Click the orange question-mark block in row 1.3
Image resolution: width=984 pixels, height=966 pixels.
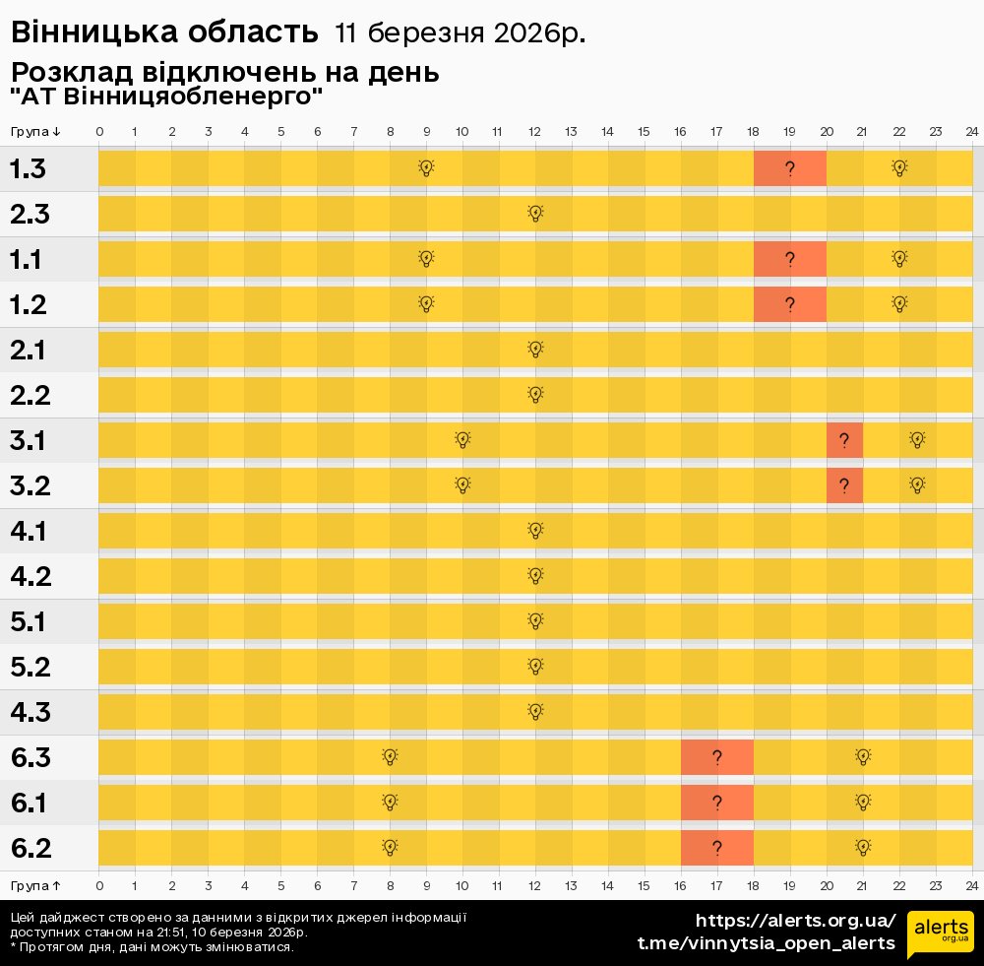(x=789, y=168)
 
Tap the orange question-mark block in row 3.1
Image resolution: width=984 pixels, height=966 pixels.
(x=844, y=440)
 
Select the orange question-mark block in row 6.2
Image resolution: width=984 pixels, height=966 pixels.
(x=716, y=848)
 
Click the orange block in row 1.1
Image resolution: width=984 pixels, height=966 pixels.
(x=789, y=259)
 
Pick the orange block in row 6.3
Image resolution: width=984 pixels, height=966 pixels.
(x=716, y=757)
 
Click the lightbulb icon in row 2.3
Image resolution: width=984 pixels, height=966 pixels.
(x=535, y=213)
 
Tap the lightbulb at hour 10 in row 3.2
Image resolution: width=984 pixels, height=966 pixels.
(x=462, y=484)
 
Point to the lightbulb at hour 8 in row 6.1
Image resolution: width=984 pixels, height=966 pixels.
(x=390, y=802)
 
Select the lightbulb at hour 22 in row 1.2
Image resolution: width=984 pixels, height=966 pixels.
(x=898, y=303)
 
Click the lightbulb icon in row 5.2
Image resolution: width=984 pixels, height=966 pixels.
(x=535, y=666)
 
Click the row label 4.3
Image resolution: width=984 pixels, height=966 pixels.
(x=31, y=712)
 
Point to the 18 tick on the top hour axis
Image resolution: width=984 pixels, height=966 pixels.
(x=753, y=132)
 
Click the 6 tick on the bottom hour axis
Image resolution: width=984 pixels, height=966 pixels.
(x=317, y=884)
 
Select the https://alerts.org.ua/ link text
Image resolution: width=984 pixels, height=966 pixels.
(x=795, y=921)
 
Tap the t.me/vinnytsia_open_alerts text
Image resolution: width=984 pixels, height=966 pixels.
(x=767, y=943)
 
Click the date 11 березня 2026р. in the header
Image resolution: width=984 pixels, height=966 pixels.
(x=460, y=32)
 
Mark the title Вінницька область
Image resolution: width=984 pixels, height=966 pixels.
(x=164, y=32)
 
